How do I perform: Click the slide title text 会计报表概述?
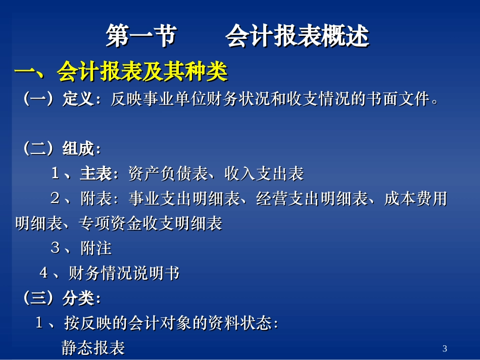coord(297,37)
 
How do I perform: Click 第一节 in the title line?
coord(141,37)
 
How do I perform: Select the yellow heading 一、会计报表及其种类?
coord(121,72)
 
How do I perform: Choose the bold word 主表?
coord(95,174)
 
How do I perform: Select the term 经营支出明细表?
coord(312,199)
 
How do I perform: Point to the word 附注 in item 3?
coord(95,248)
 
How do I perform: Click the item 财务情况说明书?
coord(124,274)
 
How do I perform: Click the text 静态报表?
coord(93,348)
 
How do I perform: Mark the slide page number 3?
coord(445,348)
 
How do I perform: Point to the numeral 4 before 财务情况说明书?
coord(44,274)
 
